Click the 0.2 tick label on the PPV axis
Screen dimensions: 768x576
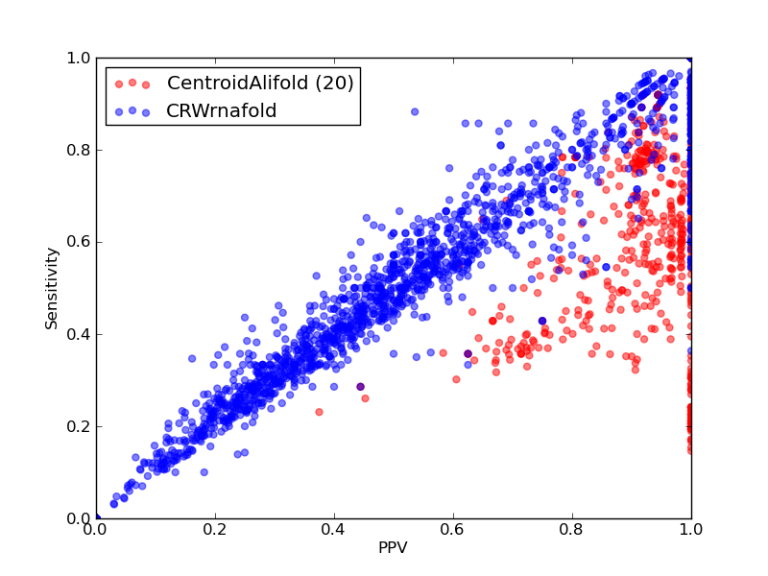[x=215, y=530]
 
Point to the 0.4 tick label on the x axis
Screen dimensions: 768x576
[x=334, y=530]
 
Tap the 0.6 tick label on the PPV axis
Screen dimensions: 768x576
[x=453, y=530]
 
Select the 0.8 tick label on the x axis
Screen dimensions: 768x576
[x=572, y=530]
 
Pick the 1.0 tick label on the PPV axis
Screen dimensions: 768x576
[x=691, y=530]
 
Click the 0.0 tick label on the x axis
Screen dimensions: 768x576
[x=96, y=530]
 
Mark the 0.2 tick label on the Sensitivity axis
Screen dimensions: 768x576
[x=79, y=426]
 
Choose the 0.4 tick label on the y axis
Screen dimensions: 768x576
[x=79, y=334]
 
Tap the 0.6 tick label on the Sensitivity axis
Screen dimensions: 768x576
[x=79, y=242]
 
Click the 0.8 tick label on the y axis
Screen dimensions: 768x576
[x=79, y=150]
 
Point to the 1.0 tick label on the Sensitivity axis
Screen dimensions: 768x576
[x=79, y=58]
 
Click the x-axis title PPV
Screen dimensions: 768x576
[x=393, y=547]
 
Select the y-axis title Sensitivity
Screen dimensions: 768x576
[x=52, y=289]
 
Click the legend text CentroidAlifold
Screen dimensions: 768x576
[x=237, y=83]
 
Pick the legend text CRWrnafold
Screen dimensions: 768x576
[x=222, y=110]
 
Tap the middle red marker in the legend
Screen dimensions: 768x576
[x=132, y=83]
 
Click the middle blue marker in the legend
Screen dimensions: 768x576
[x=132, y=110]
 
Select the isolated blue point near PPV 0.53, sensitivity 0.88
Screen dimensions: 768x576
[x=415, y=111]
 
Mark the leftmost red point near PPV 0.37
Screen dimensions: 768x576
[x=320, y=412]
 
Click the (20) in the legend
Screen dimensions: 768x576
[x=334, y=83]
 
